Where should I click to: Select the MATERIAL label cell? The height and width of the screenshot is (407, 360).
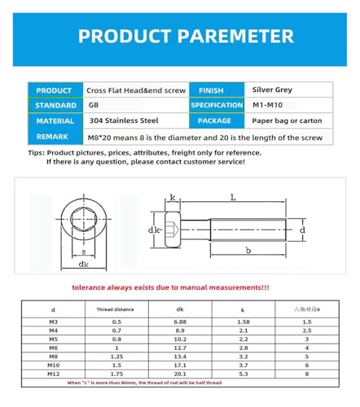click(x=55, y=120)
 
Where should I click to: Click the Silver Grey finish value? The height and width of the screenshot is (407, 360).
click(x=274, y=90)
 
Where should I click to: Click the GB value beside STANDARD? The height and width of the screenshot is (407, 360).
click(x=93, y=106)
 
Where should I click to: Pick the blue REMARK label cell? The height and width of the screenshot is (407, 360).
click(x=55, y=136)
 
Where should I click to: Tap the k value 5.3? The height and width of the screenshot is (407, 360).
click(x=243, y=374)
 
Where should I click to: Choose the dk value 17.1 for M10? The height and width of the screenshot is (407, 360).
click(x=180, y=365)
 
